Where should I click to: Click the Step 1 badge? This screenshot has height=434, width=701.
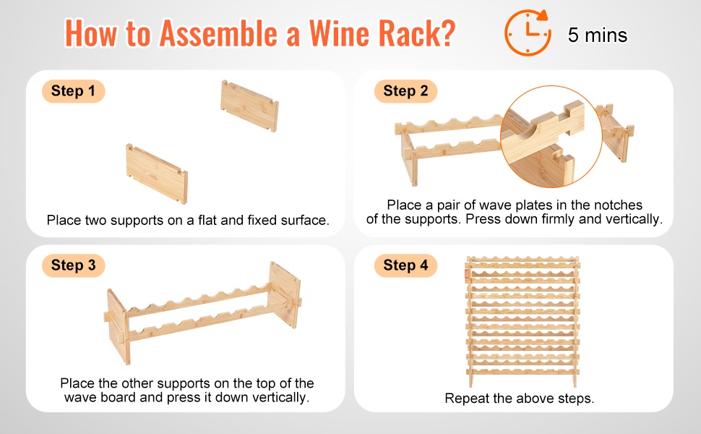pos(73,91)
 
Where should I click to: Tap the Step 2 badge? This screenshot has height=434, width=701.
pos(405,91)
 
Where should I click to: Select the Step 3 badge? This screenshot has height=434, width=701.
pos(73,265)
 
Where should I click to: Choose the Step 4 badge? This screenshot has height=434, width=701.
pos(405,265)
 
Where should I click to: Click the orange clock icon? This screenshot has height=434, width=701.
pos(528,33)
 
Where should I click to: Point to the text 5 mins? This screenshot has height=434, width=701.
pos(598,35)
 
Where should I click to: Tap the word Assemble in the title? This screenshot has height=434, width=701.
pos(218,33)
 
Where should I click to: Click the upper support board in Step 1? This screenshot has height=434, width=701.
pos(249,106)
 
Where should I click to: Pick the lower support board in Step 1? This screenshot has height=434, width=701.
pos(157,173)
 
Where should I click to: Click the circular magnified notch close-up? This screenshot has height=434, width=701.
pos(551,137)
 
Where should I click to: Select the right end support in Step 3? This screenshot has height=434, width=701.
pos(285,295)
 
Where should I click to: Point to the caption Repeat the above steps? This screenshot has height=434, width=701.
pos(519,399)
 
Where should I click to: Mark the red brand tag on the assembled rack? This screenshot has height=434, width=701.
pos(467,273)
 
